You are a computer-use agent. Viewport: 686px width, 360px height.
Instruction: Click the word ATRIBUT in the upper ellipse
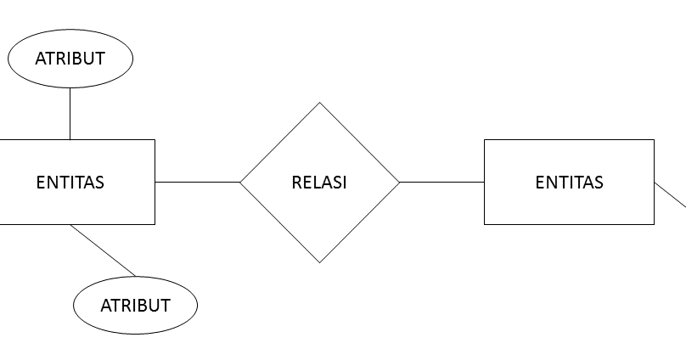click(x=70, y=59)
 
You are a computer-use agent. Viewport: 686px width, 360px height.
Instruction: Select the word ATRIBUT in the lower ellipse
click(x=135, y=306)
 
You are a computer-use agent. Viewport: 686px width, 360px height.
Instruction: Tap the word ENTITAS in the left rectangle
click(x=70, y=182)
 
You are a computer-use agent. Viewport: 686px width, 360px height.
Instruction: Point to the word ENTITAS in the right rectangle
click(x=569, y=182)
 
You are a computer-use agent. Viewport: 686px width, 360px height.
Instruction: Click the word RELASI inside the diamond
click(x=319, y=182)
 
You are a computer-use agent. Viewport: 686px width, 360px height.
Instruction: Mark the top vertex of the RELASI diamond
click(x=319, y=103)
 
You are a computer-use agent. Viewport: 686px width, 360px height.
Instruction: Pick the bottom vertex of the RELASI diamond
click(x=319, y=262)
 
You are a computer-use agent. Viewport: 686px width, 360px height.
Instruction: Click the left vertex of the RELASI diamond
click(x=240, y=182)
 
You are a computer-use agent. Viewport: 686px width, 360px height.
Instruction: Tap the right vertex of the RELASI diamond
click(x=399, y=182)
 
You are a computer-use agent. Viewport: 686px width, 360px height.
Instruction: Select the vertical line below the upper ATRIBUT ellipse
click(x=70, y=114)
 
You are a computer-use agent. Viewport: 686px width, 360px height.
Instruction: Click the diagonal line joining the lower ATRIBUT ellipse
click(x=103, y=250)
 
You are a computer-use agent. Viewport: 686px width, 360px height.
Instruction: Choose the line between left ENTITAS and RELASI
click(x=197, y=182)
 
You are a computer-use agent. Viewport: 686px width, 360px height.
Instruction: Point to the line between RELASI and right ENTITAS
click(x=441, y=182)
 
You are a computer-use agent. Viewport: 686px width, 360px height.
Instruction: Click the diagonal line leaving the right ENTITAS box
click(x=671, y=194)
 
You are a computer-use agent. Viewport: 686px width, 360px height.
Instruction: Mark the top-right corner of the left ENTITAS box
click(x=155, y=139)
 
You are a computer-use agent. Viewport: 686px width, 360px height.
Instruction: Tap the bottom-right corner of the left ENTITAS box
click(x=155, y=224)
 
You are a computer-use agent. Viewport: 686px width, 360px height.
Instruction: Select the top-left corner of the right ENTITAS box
click(x=484, y=139)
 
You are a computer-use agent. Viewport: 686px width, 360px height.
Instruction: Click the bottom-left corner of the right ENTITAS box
click(x=484, y=224)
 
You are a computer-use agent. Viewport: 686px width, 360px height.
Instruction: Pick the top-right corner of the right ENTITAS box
click(x=654, y=139)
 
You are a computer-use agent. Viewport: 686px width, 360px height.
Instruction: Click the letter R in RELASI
click(x=296, y=182)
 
